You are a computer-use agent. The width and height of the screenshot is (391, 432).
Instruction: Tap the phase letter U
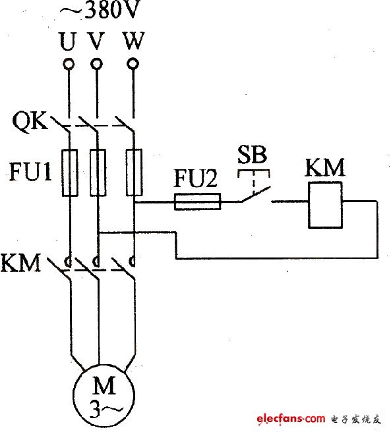67,41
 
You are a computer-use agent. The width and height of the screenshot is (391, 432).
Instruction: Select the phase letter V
96,41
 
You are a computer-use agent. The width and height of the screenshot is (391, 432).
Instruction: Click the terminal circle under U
67,65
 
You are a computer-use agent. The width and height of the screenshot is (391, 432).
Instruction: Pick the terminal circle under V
97,65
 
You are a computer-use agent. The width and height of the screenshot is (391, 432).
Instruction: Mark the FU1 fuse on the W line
135,173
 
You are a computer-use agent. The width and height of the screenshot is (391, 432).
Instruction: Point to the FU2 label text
195,180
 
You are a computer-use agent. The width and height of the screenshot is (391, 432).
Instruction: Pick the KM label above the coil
325,167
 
